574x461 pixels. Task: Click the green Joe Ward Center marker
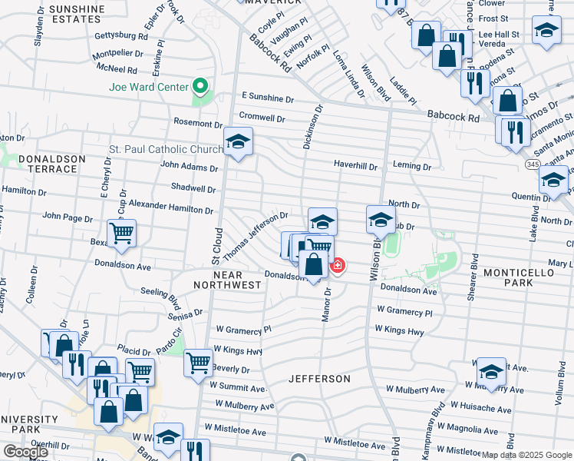(x=201, y=86)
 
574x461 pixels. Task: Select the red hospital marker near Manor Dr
(x=337, y=266)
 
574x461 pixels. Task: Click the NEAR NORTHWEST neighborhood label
(x=227, y=280)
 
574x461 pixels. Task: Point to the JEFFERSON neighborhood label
(x=319, y=379)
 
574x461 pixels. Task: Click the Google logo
(x=25, y=452)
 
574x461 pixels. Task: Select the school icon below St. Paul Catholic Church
(x=238, y=141)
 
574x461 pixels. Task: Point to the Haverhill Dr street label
(x=355, y=165)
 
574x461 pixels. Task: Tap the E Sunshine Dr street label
(x=267, y=99)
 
